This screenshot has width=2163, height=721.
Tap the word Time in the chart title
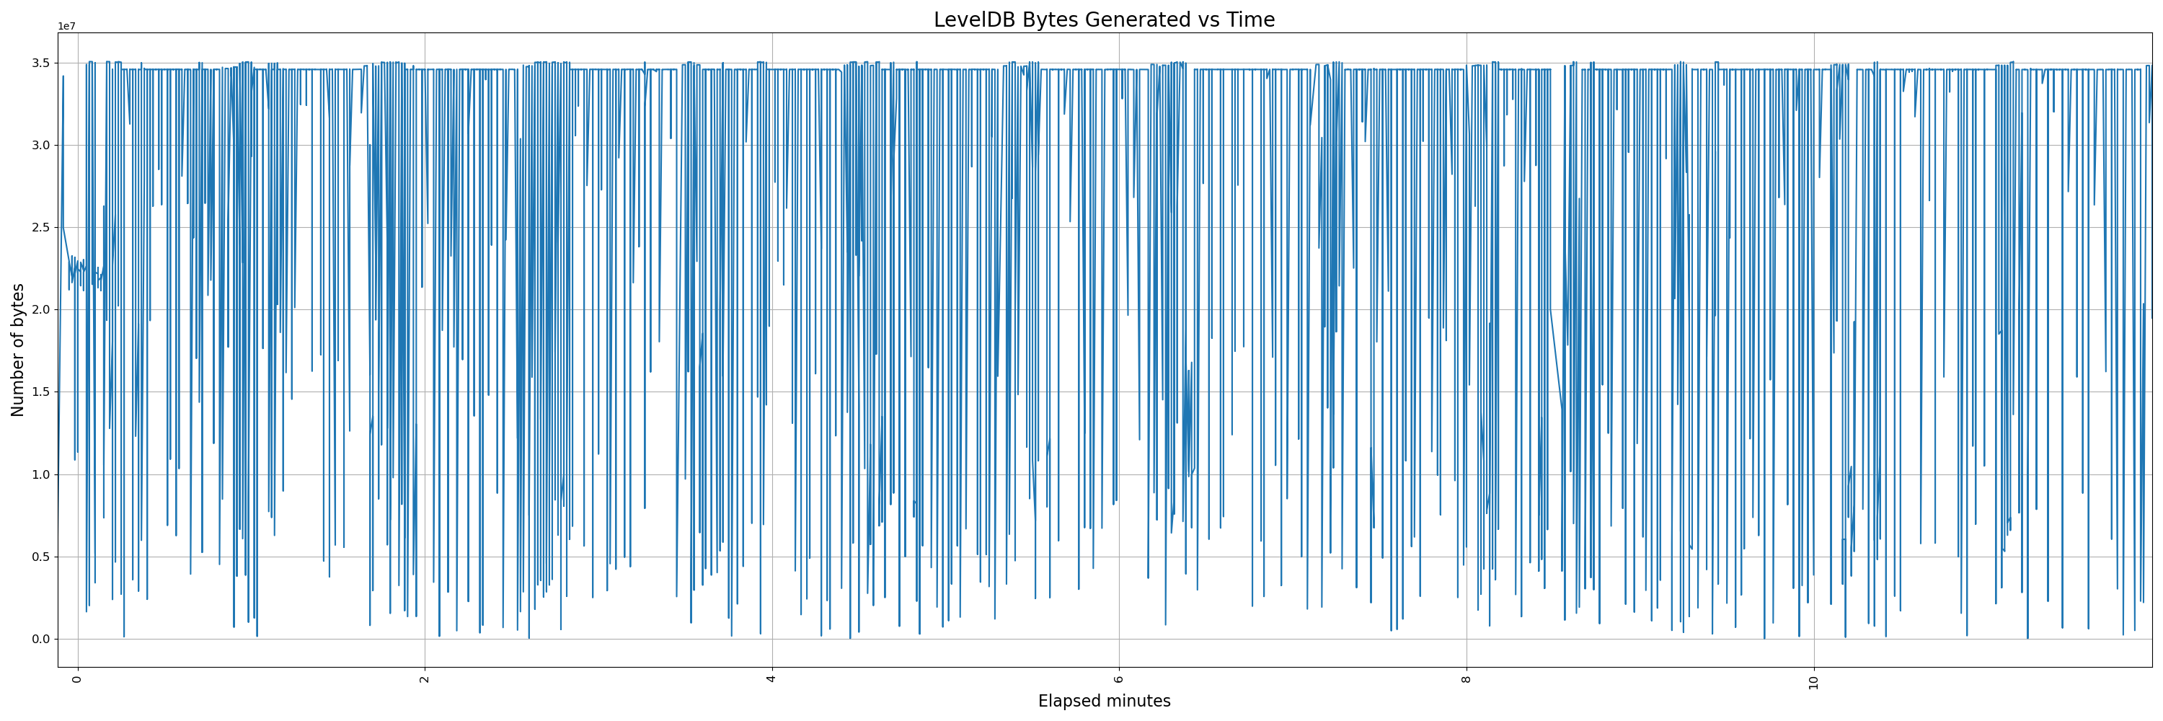click(x=1251, y=20)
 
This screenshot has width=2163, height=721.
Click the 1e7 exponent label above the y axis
click(x=66, y=27)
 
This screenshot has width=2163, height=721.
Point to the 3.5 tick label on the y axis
click(x=41, y=63)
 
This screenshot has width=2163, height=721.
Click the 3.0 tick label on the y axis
click(x=41, y=145)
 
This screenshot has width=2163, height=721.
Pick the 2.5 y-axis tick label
click(x=41, y=227)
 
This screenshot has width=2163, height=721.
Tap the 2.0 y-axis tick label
click(x=41, y=310)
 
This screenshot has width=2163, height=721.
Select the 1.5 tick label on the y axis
click(x=41, y=392)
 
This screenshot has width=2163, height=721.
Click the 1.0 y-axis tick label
click(x=41, y=474)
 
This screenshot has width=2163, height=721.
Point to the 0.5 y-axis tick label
click(x=41, y=557)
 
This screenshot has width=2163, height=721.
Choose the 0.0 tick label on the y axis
click(x=41, y=639)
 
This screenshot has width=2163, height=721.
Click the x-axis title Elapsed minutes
click(x=1104, y=702)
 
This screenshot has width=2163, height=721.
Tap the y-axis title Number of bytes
click(x=17, y=350)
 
